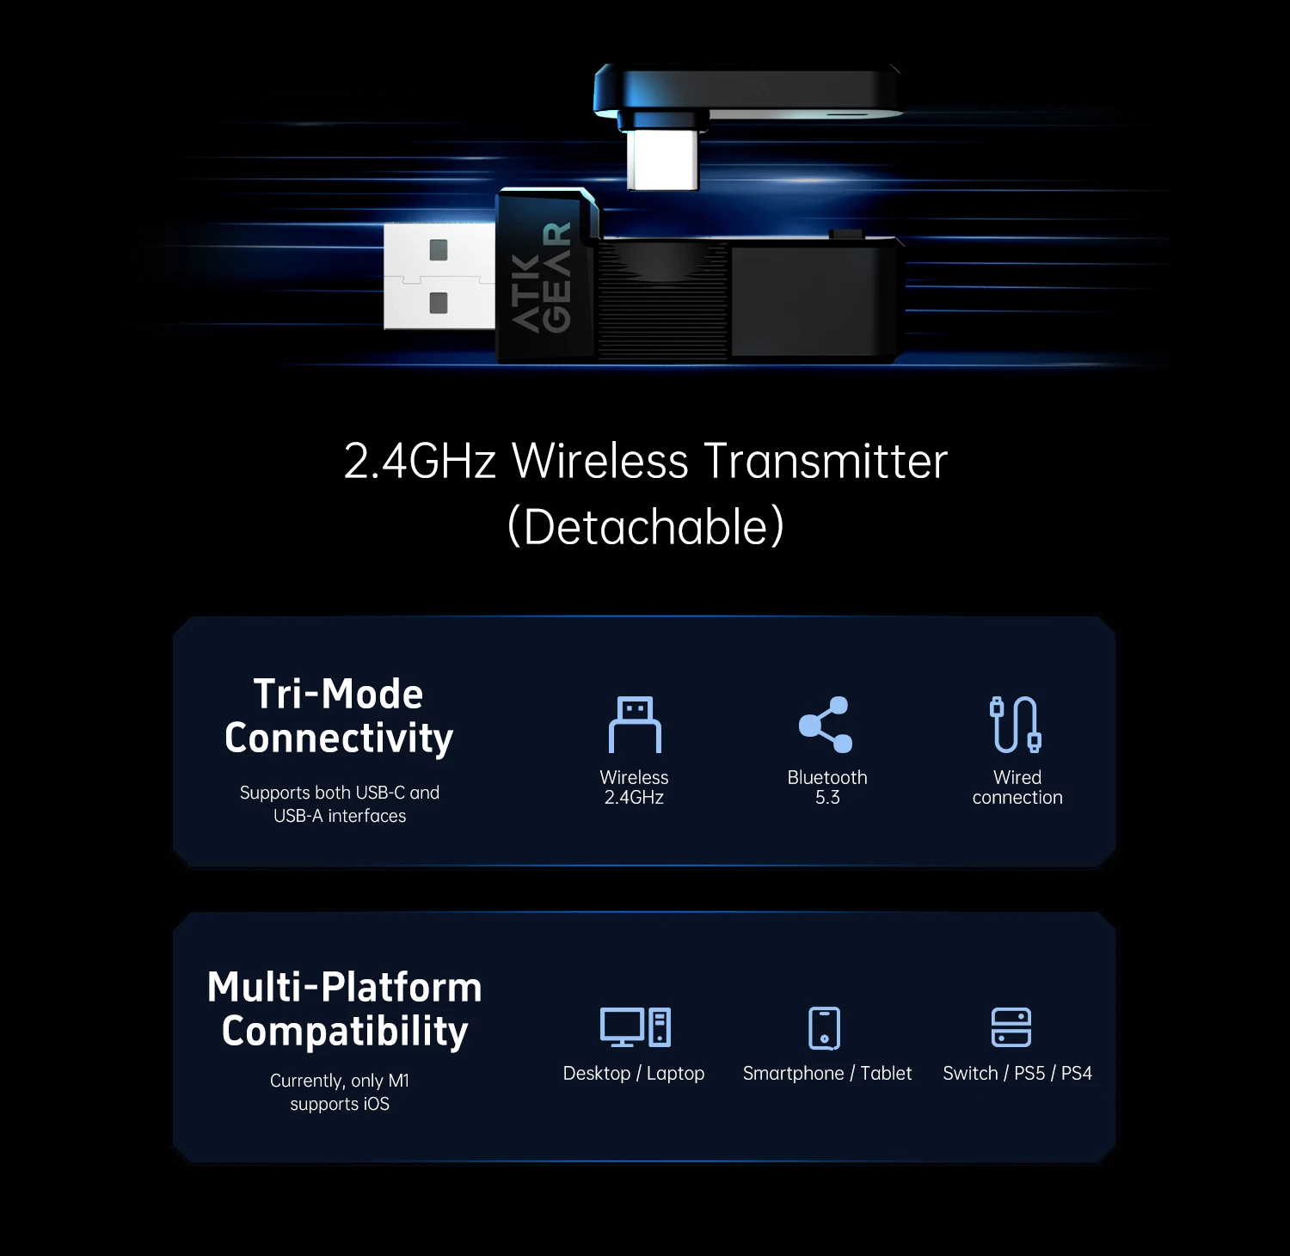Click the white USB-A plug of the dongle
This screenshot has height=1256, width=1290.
pos(439,276)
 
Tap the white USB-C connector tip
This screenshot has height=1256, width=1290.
pos(663,159)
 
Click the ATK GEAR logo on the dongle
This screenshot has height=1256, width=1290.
pos(542,277)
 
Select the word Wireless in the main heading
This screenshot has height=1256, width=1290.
pos(600,461)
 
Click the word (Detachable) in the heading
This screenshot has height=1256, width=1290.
pos(646,526)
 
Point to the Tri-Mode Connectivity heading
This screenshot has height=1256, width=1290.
pos(339,715)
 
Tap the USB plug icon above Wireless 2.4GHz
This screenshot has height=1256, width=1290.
pos(635,725)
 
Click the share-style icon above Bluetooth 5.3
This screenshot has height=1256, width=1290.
pos(826,725)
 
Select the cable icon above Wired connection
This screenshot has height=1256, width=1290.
pos(1016,725)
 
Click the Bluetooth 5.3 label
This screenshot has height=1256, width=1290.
pos(827,787)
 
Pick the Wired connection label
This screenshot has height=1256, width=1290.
pos(1017,787)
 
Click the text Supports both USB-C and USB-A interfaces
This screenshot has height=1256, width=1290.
pos(340,804)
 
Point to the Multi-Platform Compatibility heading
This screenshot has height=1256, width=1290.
pos(345,1009)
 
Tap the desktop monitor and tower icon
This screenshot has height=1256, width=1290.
pos(636,1026)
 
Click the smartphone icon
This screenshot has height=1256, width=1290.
pos(825,1028)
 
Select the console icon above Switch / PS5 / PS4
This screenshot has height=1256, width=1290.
pos(1011,1027)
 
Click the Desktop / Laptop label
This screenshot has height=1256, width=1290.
pos(634,1073)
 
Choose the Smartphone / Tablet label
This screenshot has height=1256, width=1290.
pos(827,1073)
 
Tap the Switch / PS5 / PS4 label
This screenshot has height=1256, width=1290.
pos(1017,1073)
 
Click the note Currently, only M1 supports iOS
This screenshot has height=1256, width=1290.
pos(340,1092)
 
